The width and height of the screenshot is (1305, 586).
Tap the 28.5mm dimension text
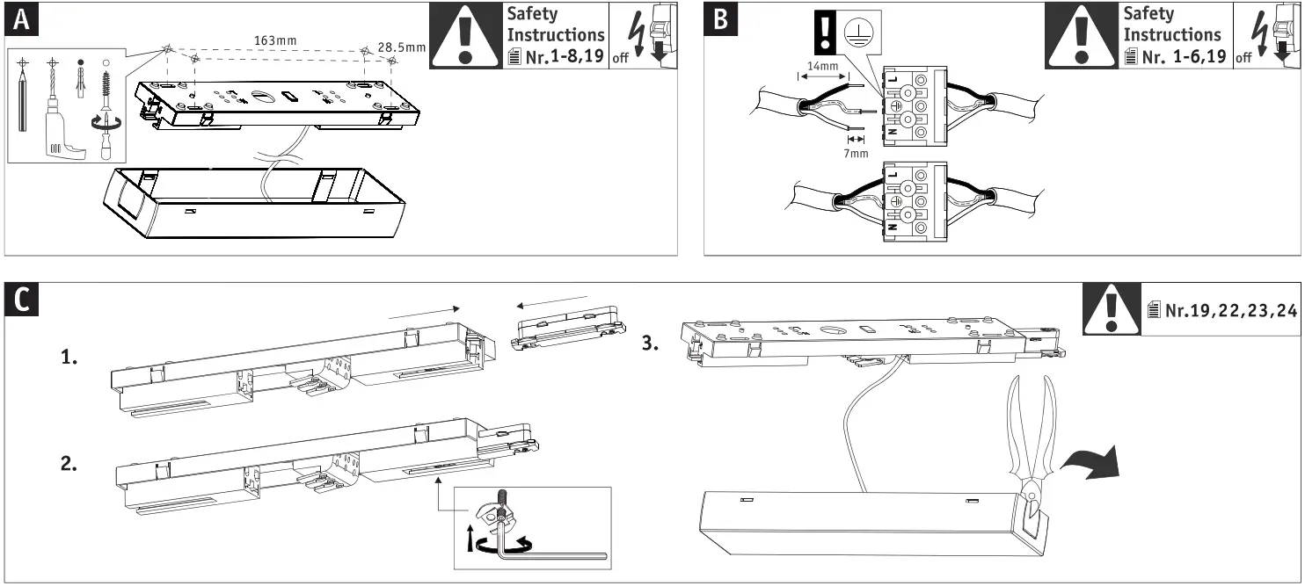[x=401, y=46]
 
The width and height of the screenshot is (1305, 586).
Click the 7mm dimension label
[x=855, y=153]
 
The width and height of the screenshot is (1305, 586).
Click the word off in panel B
[x=1243, y=59]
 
